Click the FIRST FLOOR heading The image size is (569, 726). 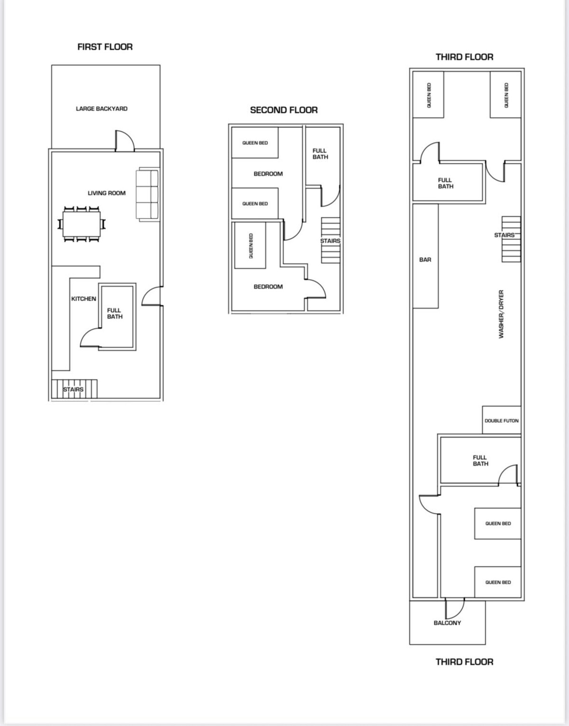pyautogui.click(x=105, y=47)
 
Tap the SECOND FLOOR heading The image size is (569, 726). pyautogui.click(x=284, y=110)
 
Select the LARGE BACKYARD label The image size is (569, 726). pyautogui.click(x=101, y=109)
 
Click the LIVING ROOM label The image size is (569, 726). pyautogui.click(x=107, y=193)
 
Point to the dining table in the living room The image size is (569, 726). pyautogui.click(x=82, y=224)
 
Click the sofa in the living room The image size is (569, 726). pyautogui.click(x=147, y=194)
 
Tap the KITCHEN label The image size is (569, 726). pyautogui.click(x=83, y=299)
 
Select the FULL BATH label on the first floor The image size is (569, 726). pyautogui.click(x=115, y=313)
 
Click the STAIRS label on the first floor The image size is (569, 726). pyautogui.click(x=73, y=390)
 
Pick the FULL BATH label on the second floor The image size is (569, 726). pyautogui.click(x=320, y=154)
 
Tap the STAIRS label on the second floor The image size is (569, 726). pyautogui.click(x=330, y=241)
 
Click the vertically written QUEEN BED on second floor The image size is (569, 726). pyautogui.click(x=251, y=245)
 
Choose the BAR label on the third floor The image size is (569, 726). pyautogui.click(x=425, y=260)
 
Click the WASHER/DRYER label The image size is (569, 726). pyautogui.click(x=501, y=314)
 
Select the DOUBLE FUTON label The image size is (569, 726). pyautogui.click(x=502, y=421)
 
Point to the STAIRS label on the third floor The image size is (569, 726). pyautogui.click(x=504, y=235)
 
